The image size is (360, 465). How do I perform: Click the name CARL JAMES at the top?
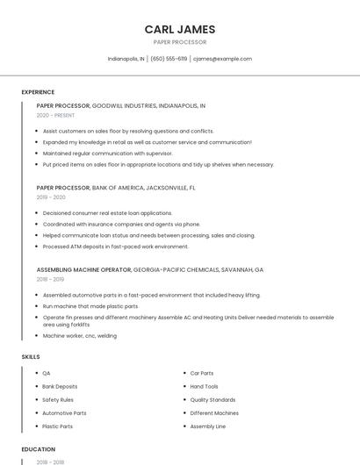point(179,29)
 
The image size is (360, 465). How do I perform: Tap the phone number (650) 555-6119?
point(169,59)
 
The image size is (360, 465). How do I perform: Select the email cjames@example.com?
point(222,59)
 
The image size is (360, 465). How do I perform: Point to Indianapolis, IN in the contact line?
point(126,59)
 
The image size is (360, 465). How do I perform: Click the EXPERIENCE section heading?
point(38,92)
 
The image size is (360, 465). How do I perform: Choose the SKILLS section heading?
point(30,357)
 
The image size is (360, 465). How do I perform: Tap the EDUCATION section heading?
point(38,449)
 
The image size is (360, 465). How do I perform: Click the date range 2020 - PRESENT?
point(55,115)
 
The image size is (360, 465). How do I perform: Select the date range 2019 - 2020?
point(51,197)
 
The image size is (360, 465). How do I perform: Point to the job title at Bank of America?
point(63,187)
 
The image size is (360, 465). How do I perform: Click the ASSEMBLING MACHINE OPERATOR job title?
point(84,269)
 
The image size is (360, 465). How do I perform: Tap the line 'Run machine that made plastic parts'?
point(90,306)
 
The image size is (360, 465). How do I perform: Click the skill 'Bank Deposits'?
point(60,386)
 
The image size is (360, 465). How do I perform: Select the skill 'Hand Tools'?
point(204,386)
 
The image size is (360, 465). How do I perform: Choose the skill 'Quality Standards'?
point(212,399)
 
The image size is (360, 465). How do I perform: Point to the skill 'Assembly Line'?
point(207,426)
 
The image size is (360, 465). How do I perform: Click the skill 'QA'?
point(47,373)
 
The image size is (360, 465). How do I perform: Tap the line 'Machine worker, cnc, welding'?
point(80,335)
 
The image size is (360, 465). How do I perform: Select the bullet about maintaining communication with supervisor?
point(107,153)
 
